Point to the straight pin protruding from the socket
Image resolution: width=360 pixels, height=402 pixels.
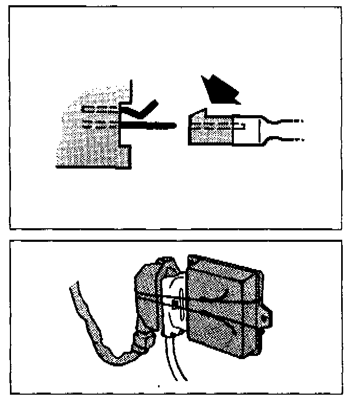pos(152,126)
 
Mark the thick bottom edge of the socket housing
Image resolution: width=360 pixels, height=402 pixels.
pos(94,167)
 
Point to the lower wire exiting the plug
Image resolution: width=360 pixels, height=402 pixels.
pos(290,140)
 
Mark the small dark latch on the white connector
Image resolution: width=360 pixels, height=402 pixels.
pos(175,304)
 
